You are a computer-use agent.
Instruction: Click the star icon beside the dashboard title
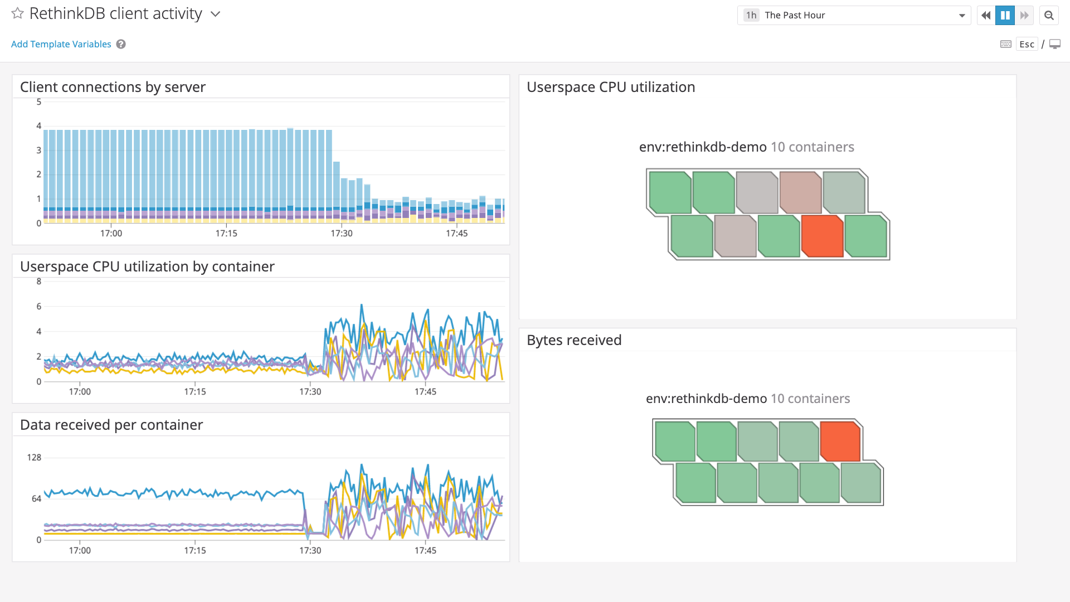pos(17,13)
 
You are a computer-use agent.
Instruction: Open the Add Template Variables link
pos(61,44)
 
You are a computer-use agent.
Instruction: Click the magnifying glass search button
pos(1049,15)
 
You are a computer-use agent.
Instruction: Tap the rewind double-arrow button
pos(986,15)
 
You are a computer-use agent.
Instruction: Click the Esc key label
pos(1027,44)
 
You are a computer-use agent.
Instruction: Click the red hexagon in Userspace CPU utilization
pos(822,236)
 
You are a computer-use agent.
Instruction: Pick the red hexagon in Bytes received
pos(840,441)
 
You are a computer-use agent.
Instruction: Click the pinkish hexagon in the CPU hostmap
pos(800,192)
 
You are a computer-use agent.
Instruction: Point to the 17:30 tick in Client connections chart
pos(342,233)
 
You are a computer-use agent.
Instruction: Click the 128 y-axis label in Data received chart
pos(34,458)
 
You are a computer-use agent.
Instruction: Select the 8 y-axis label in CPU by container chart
pos(39,281)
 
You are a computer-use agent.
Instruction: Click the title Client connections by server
pos(113,87)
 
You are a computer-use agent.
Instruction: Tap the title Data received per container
pos(111,425)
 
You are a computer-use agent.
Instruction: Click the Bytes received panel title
pos(574,340)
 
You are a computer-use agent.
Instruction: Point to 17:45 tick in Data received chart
pos(425,550)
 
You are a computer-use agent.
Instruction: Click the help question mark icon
pos(121,44)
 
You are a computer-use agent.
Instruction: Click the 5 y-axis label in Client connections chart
pos(39,102)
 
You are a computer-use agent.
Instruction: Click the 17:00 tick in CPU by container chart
pos(80,391)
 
